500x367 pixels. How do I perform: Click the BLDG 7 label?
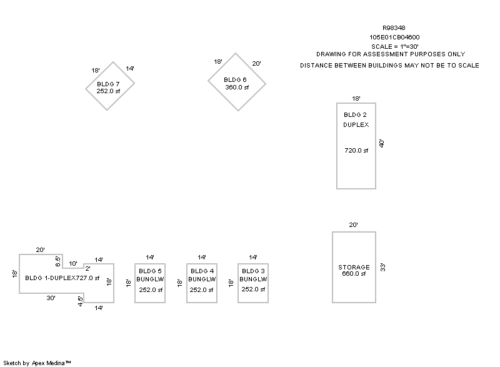pos(108,83)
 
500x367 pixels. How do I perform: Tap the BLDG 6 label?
pos(236,80)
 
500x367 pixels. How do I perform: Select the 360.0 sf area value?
pos(237,88)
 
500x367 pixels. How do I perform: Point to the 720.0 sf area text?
pos(356,150)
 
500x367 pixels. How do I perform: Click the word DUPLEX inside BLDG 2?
pos(356,125)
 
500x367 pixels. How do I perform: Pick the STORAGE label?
pos(354,267)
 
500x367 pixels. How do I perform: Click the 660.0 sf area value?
pos(354,274)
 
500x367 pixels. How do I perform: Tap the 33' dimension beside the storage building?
pos(382,267)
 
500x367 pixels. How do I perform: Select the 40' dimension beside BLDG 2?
pos(381,144)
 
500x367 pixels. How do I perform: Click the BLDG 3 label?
pos(253,271)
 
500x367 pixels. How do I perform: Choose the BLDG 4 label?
pos(202,271)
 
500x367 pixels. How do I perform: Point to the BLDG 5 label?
pos(150,271)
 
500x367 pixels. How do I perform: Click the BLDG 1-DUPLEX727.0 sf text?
pos(62,278)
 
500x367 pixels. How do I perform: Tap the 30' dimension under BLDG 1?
pos(51,298)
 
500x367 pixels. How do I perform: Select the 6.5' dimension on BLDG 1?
pos(58,259)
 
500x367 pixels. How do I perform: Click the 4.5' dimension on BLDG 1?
pos(80,299)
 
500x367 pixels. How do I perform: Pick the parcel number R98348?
pos(393,28)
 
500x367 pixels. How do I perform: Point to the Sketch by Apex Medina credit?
pos(37,363)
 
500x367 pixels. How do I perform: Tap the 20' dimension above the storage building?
pos(353,225)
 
